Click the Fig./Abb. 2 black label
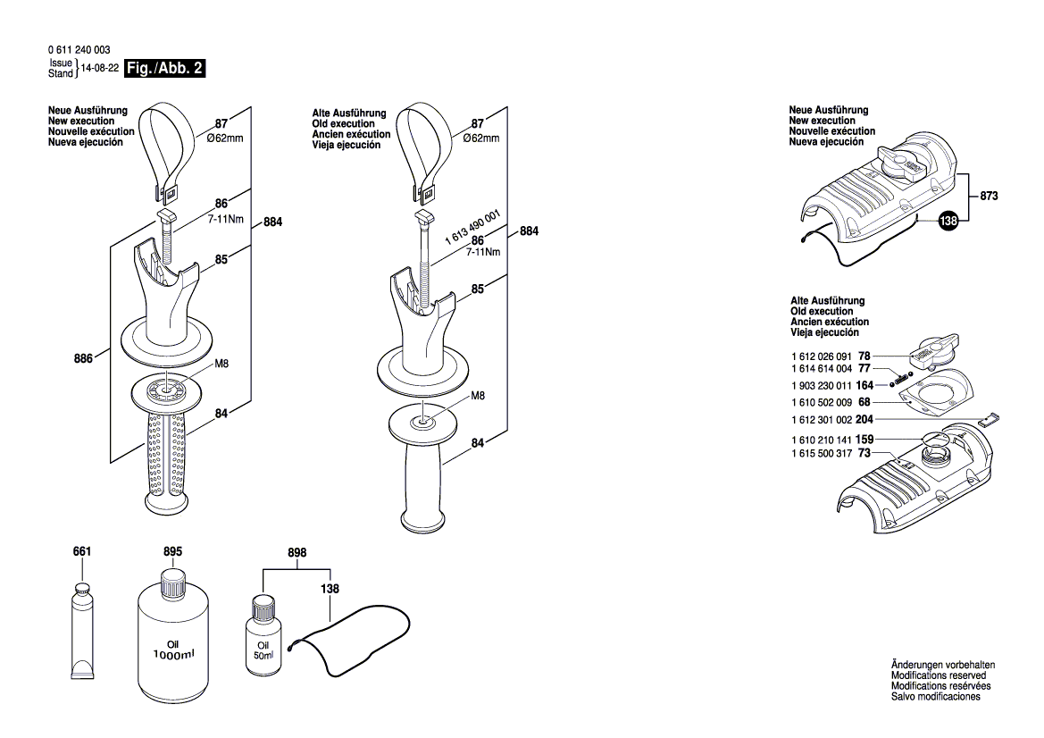click(x=165, y=69)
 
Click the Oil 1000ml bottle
click(x=172, y=638)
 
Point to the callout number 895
click(x=172, y=553)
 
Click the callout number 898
click(x=296, y=553)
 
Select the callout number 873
click(x=988, y=195)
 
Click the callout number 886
click(x=84, y=357)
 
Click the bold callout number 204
click(x=864, y=419)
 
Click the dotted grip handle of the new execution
click(x=164, y=456)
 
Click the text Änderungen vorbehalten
click(x=942, y=666)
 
